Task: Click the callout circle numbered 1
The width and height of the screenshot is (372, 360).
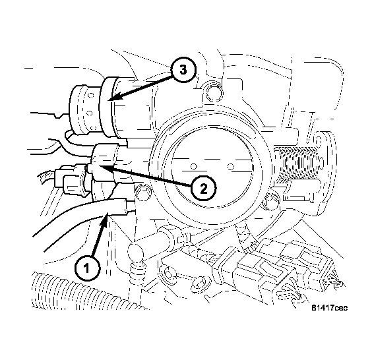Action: tap(87, 268)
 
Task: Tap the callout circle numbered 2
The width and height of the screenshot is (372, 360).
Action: tap(203, 189)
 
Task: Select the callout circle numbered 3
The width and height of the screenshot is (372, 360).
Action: tap(183, 70)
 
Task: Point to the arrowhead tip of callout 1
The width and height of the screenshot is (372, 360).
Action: tap(108, 213)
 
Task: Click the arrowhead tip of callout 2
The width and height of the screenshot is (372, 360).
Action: tap(99, 166)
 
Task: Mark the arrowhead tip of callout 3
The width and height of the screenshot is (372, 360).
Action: tap(109, 101)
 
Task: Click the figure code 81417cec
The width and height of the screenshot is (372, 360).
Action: tap(329, 308)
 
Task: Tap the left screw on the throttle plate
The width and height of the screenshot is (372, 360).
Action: tap(194, 166)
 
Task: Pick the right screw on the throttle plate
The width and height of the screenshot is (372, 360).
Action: tap(231, 166)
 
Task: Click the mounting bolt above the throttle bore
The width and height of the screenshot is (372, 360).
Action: tap(214, 93)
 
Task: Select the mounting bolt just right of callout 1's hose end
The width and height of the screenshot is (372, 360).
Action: tap(144, 191)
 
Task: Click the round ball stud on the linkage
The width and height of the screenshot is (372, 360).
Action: tap(136, 251)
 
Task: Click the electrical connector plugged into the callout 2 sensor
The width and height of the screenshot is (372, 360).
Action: tap(70, 179)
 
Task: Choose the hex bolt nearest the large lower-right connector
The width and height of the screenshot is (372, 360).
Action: tap(199, 282)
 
